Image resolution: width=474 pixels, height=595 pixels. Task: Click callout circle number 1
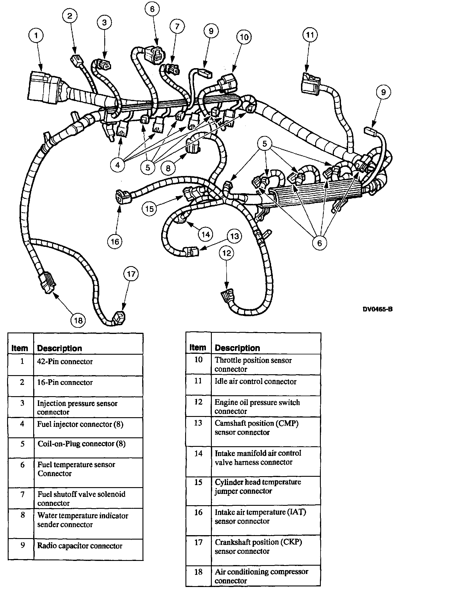pos(36,36)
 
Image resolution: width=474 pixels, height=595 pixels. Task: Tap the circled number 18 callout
pos(78,320)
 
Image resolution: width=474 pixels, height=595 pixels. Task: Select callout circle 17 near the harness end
pos(131,274)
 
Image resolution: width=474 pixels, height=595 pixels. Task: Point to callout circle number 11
pos(310,35)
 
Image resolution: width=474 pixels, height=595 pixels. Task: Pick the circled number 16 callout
pos(115,241)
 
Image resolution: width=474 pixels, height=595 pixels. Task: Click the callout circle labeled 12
pos(227,253)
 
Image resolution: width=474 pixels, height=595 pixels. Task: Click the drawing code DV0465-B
pos(378,309)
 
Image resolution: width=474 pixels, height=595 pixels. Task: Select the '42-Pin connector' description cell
pos(65,362)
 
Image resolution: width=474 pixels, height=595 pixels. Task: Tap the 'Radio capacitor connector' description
pos(80,546)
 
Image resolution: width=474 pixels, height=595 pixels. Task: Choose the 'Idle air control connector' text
pos(255,382)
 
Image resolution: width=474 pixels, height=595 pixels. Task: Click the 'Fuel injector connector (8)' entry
pos(80,424)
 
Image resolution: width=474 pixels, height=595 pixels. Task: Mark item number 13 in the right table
pos(198,423)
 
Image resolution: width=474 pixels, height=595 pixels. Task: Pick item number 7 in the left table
pos(23,494)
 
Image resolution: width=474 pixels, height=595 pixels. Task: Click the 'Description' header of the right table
pos(237,348)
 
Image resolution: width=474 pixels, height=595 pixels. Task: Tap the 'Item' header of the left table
pos(20,348)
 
